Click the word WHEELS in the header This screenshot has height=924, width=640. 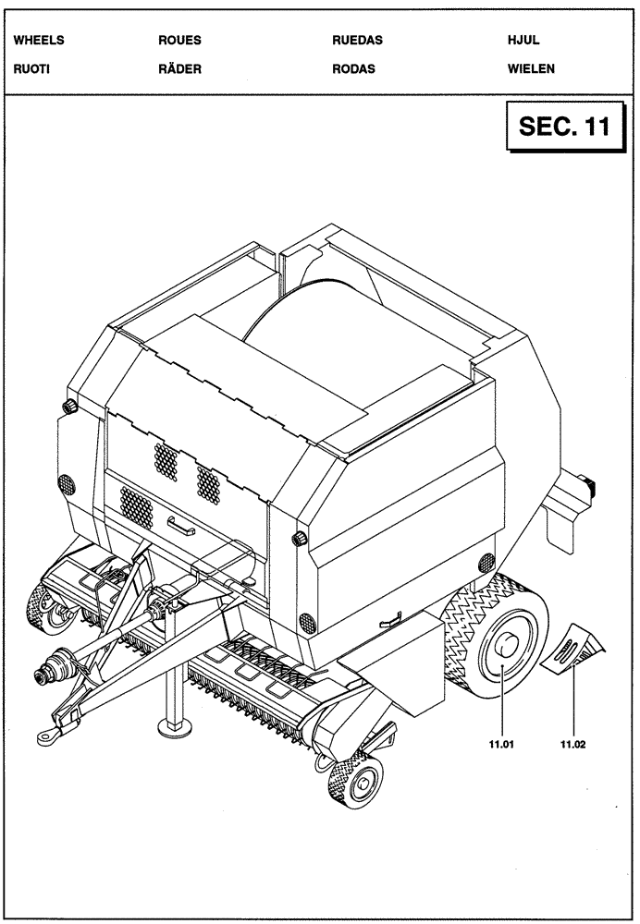pos(40,41)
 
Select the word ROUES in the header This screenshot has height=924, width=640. pos(180,41)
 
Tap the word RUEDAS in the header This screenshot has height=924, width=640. pos(357,41)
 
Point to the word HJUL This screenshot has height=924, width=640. pos(523,41)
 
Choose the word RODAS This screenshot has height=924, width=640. pos(353,68)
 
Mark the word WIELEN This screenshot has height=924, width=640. pos(531,68)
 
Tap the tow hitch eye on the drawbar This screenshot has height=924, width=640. pos(45,735)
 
